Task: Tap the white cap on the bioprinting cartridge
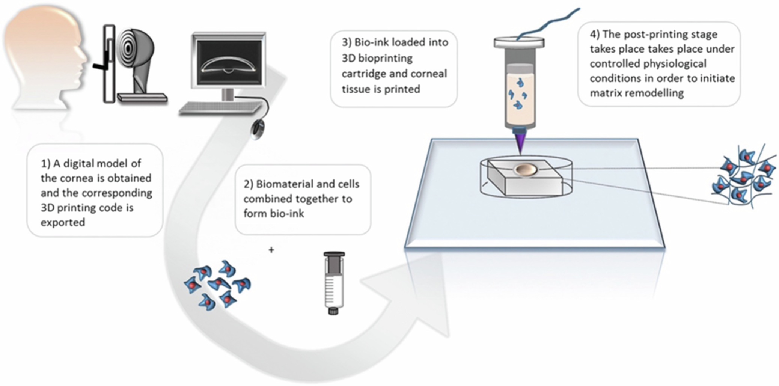click(x=519, y=42)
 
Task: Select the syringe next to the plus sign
click(x=334, y=282)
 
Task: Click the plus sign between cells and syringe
click(x=271, y=250)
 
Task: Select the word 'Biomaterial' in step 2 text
click(x=285, y=184)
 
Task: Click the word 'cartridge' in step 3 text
click(x=363, y=74)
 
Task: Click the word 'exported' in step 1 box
click(x=63, y=222)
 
